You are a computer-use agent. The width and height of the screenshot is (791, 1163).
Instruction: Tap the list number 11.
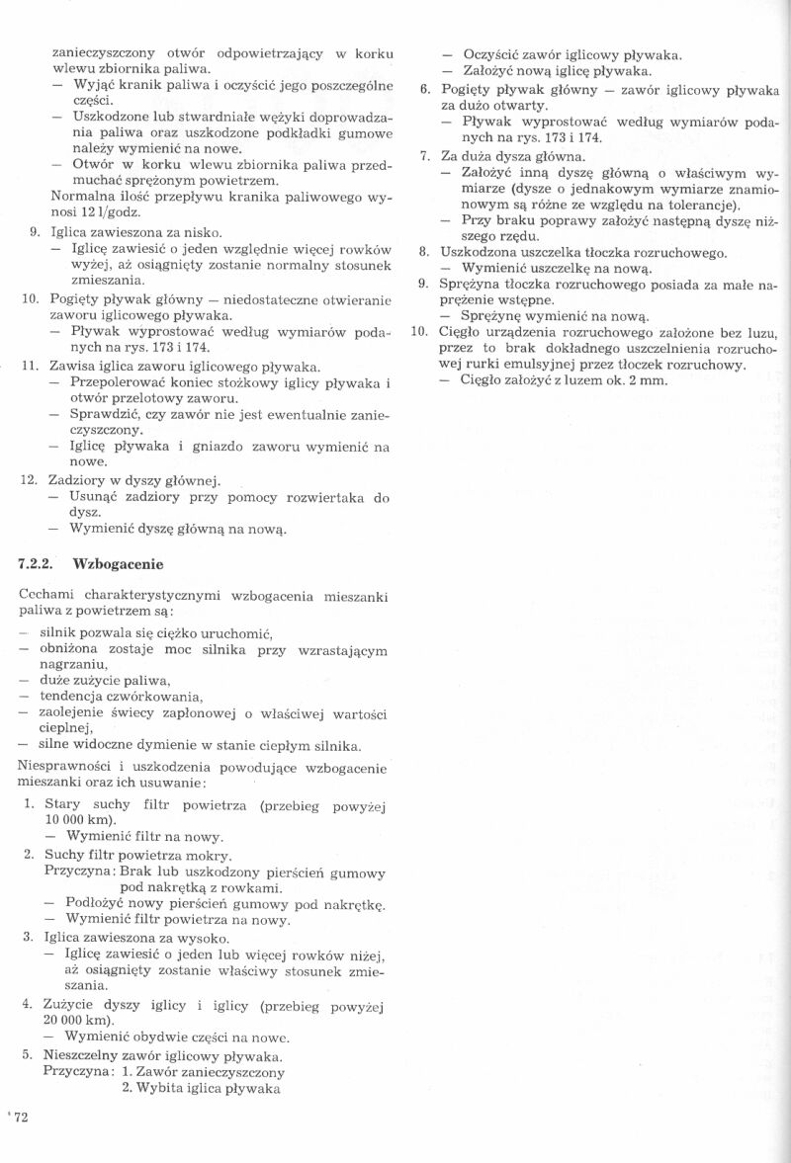coord(29,366)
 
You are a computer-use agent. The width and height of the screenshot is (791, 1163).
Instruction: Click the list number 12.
coord(29,481)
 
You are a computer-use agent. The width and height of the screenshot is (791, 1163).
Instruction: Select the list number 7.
coord(423,157)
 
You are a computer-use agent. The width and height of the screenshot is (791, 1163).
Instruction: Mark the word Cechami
coord(48,596)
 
